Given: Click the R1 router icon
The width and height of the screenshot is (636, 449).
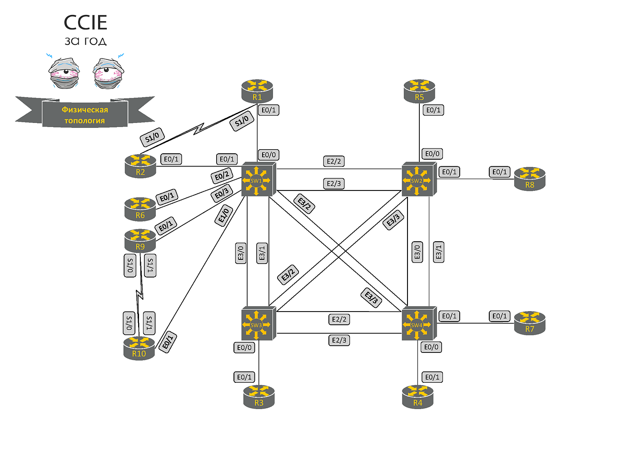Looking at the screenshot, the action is [257, 91].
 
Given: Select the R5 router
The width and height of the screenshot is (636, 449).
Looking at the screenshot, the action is [419, 91].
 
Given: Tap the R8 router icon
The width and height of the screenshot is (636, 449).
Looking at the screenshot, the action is [530, 179].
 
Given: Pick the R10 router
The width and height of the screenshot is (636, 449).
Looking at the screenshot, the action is [139, 348].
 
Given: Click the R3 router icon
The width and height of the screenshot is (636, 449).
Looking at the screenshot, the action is [259, 397].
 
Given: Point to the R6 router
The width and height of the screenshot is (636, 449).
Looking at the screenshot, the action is [140, 209].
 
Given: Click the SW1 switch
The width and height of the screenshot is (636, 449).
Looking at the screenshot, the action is [258, 179].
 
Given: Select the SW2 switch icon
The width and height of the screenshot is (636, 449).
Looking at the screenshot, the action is [419, 179].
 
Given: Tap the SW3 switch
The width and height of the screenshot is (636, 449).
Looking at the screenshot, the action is [258, 323].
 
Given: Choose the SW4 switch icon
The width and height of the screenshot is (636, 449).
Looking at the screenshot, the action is [419, 323].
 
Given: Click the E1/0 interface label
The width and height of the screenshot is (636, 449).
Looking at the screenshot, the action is [224, 215].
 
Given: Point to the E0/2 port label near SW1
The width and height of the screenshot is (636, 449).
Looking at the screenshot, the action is [222, 176].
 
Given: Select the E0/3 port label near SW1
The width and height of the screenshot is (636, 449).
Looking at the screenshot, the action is [222, 193].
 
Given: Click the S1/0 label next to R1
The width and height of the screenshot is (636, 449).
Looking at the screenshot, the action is [242, 122].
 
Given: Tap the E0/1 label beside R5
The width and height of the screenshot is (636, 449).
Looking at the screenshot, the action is [433, 110].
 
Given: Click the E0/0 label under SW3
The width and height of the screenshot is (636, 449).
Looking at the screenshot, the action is [244, 347].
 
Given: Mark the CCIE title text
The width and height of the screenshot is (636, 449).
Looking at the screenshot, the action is [85, 22].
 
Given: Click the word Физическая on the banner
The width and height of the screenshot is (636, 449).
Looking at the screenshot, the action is [85, 109].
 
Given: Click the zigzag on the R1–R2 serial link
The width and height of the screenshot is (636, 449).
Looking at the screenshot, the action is [199, 128].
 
